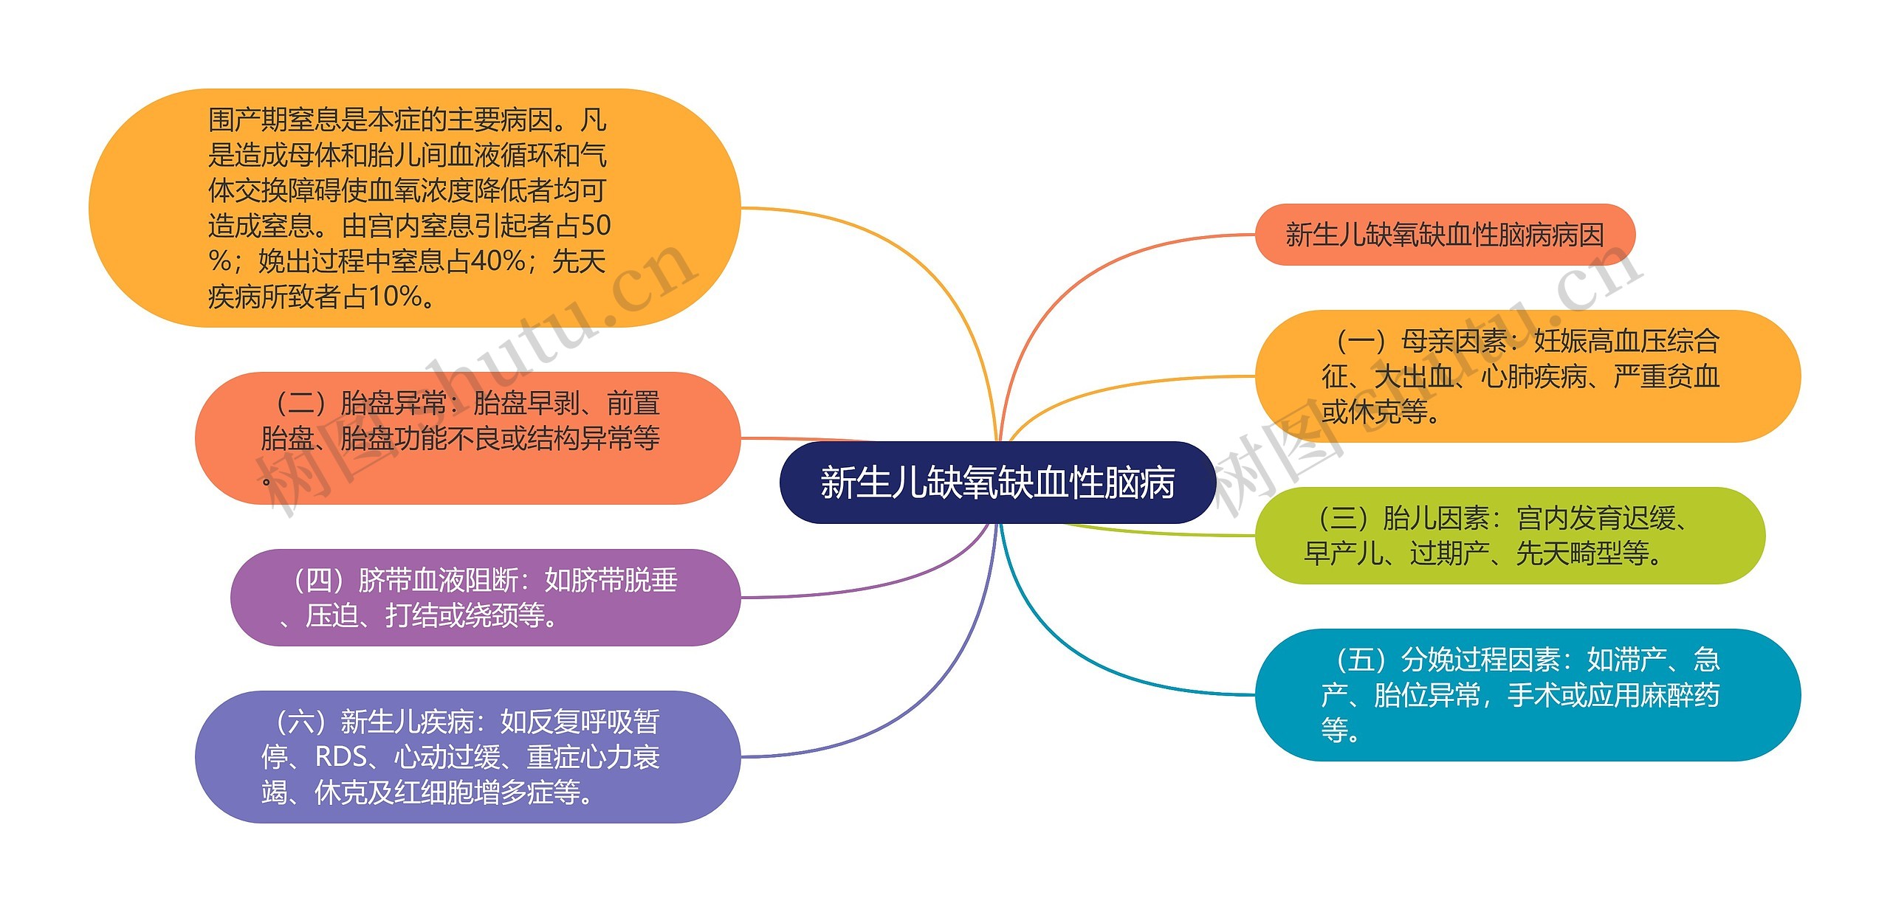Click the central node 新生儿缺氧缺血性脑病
[x=997, y=483]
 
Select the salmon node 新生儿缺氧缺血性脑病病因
[x=1445, y=235]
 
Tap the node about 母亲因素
[x=1527, y=376]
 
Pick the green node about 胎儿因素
[x=1509, y=536]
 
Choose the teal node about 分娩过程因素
[x=1527, y=694]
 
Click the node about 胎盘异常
[x=467, y=438]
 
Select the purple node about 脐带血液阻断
[x=485, y=598]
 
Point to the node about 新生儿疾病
[x=467, y=756]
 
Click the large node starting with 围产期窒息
[x=413, y=207]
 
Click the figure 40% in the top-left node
[x=498, y=261]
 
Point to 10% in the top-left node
[x=395, y=297]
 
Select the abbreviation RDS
[x=340, y=757]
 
